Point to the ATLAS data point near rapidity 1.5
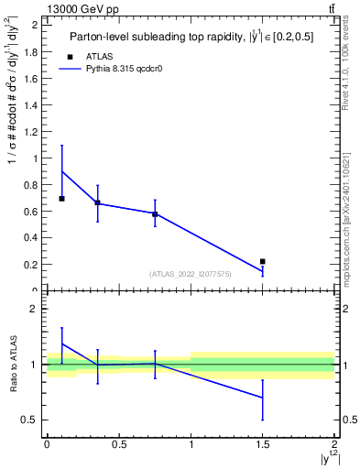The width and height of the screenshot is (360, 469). (263, 262)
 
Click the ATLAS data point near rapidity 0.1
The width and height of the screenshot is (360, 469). (61, 198)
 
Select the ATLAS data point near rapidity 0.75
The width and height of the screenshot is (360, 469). (155, 214)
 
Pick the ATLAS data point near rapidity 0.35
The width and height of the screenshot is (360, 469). (97, 202)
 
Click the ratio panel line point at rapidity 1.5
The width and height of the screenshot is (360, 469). (263, 398)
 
